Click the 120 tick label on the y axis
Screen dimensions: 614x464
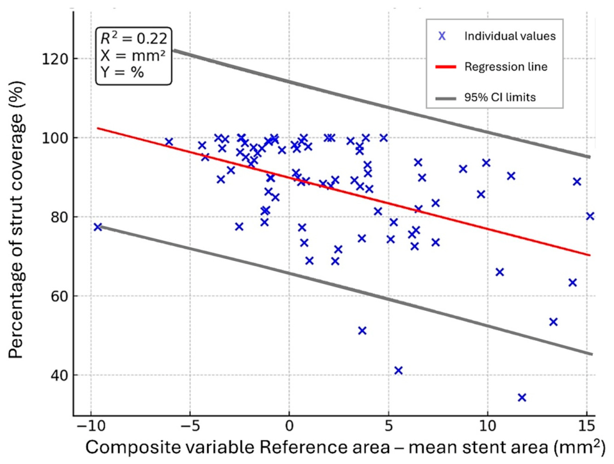pyautogui.click(x=54, y=59)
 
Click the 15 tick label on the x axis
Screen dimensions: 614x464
pyautogui.click(x=586, y=426)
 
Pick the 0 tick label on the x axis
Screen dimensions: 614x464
pyautogui.click(x=290, y=426)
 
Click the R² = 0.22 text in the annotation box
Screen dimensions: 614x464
pyautogui.click(x=134, y=38)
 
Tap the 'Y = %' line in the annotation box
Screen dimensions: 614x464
pyautogui.click(x=122, y=72)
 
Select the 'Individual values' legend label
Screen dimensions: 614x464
pyautogui.click(x=510, y=37)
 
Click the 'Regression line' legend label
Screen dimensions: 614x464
pyautogui.click(x=506, y=67)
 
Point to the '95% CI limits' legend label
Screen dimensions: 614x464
pyautogui.click(x=500, y=97)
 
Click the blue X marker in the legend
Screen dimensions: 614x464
pyautogui.click(x=442, y=36)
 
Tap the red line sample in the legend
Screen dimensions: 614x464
pyautogui.click(x=446, y=67)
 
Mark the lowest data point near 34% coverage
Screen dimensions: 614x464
pyautogui.click(x=522, y=397)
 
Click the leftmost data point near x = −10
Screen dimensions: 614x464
pyautogui.click(x=98, y=227)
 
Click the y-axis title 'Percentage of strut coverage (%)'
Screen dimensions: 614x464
pyautogui.click(x=16, y=219)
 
